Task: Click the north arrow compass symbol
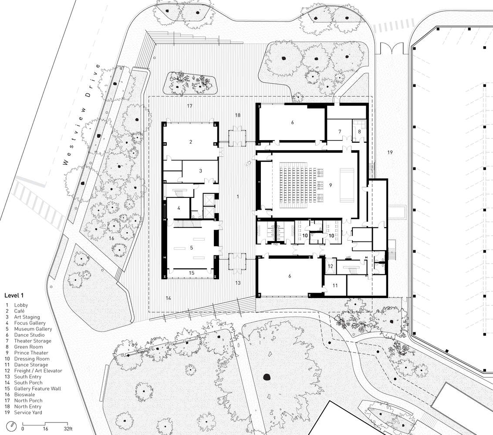click(x=12, y=425)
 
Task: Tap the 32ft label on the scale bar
click(x=68, y=429)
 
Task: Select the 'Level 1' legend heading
click(x=14, y=295)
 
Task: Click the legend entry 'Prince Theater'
click(x=31, y=353)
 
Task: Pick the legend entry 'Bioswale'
click(x=24, y=395)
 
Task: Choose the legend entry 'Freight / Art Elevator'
click(x=38, y=371)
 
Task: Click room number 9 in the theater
click(x=331, y=185)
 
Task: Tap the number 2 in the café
click(x=190, y=142)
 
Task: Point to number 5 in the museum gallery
click(x=192, y=248)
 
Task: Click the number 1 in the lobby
click(x=238, y=197)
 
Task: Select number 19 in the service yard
click(x=390, y=152)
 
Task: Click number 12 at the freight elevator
click(x=330, y=266)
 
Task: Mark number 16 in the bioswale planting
click(x=111, y=238)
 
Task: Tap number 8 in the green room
click(x=359, y=132)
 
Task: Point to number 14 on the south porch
click(x=168, y=298)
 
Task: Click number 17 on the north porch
click(x=189, y=106)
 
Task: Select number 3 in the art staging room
click(x=201, y=171)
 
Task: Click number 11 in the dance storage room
click(x=335, y=285)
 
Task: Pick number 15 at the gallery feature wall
click(x=192, y=273)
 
